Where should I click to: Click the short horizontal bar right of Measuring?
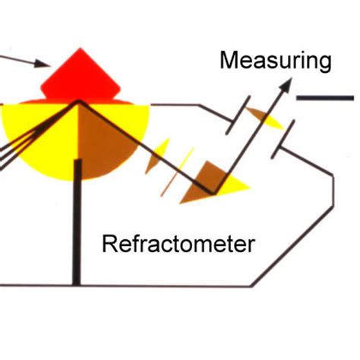pyautogui.click(x=324, y=98)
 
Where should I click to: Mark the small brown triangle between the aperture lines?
pyautogui.click(x=258, y=115)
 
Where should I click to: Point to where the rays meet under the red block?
pyautogui.click(x=77, y=102)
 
